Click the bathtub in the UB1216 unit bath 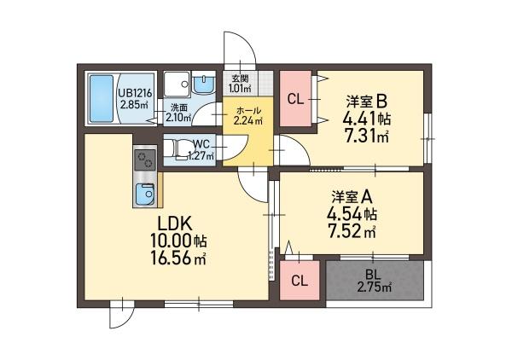pyautogui.click(x=100, y=99)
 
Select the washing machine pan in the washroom pyautogui.click(x=177, y=84)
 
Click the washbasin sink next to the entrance pyautogui.click(x=206, y=84)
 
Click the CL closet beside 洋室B pyautogui.click(x=295, y=100)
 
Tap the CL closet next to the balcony pyautogui.click(x=300, y=281)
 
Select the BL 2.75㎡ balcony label pyautogui.click(x=374, y=281)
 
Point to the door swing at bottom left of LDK pyautogui.click(x=121, y=316)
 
